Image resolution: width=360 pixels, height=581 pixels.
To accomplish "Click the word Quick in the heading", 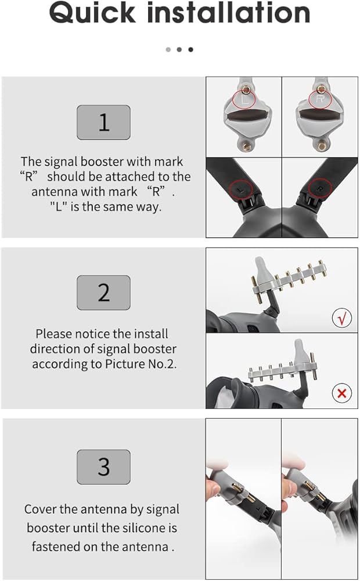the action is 92,13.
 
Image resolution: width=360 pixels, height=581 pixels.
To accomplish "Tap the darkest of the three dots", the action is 190,49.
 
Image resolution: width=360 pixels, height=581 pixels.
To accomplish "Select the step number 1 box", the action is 104,122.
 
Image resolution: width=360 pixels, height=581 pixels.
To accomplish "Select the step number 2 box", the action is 104,293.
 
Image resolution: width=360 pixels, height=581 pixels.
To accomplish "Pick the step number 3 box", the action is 104,467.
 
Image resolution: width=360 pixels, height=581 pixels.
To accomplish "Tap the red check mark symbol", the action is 342,318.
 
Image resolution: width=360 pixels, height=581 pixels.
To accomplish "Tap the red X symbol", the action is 342,393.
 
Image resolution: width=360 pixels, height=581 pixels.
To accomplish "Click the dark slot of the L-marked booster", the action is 247,116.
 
